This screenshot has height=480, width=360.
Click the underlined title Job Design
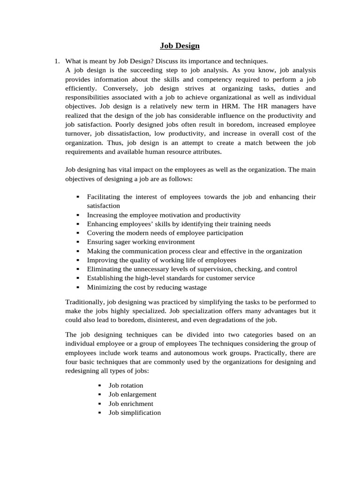click(x=180, y=45)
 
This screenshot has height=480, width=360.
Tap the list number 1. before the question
click(x=57, y=61)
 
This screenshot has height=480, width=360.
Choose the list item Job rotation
click(x=126, y=385)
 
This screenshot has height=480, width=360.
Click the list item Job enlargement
click(x=132, y=394)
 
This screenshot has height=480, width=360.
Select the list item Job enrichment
click(x=131, y=404)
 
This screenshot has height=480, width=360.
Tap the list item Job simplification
click(x=135, y=412)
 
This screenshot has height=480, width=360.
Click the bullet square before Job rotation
click(x=100, y=385)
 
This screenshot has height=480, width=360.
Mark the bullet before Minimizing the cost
click(x=78, y=287)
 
